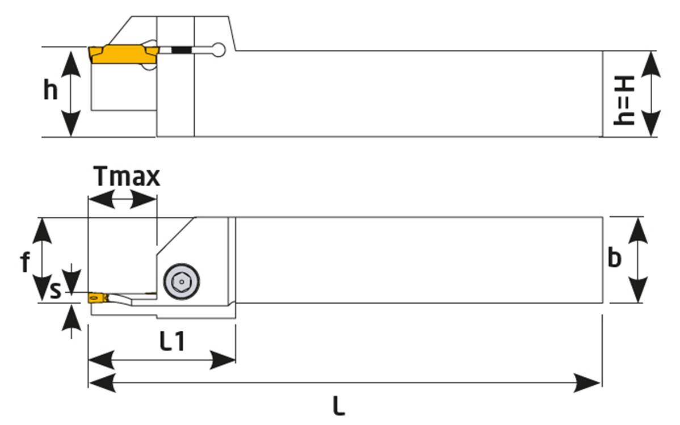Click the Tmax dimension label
(x=127, y=178)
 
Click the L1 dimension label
(x=171, y=342)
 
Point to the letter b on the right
(x=614, y=258)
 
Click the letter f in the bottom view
(x=24, y=263)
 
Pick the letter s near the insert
(x=55, y=291)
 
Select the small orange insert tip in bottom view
(x=94, y=297)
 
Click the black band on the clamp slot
(x=181, y=51)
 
